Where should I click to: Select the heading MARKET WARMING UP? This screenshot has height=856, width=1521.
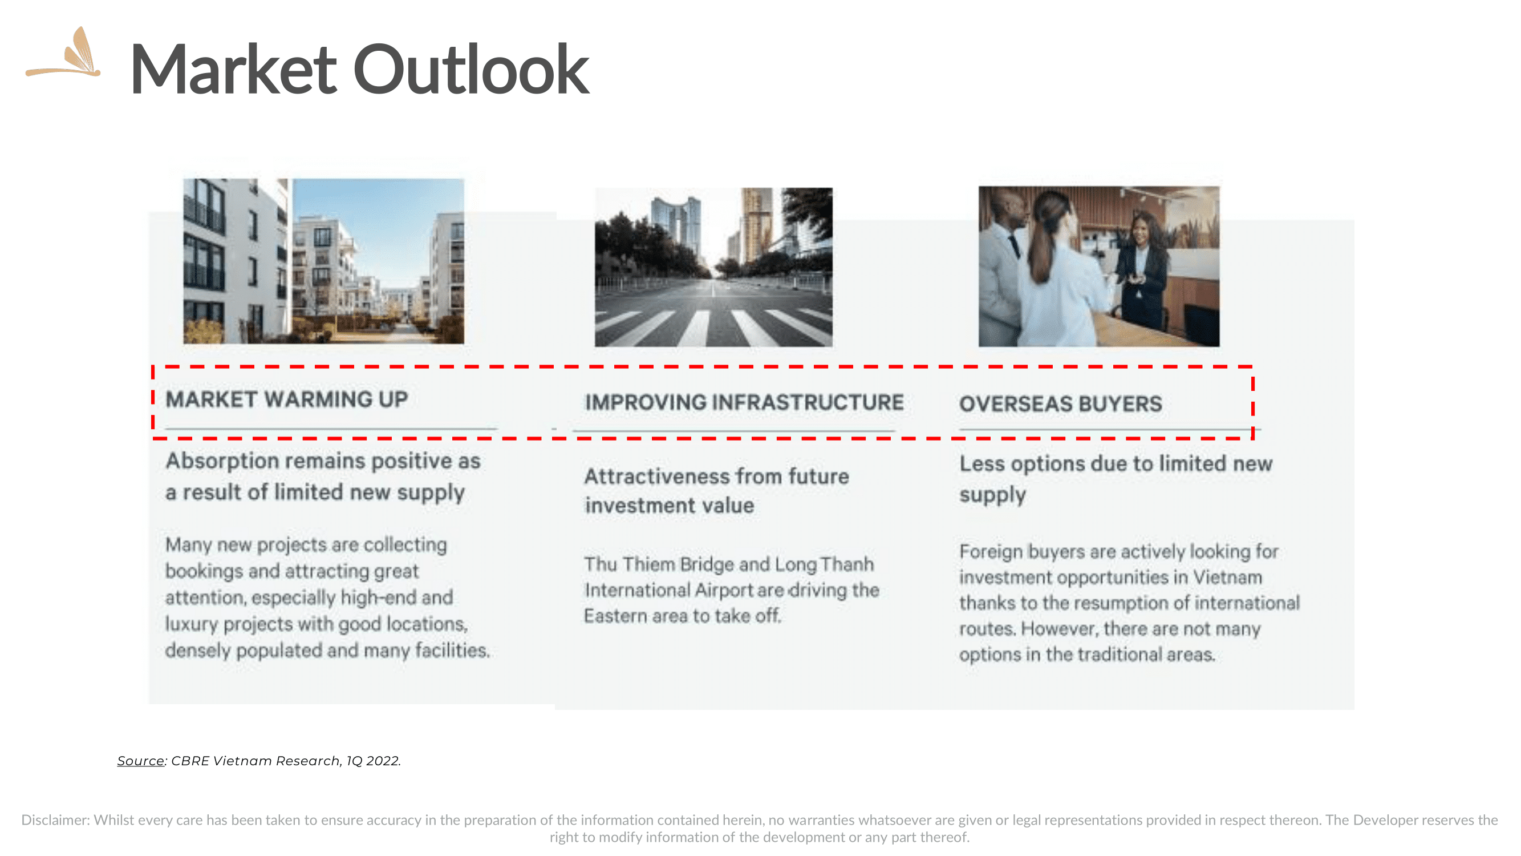pyautogui.click(x=287, y=399)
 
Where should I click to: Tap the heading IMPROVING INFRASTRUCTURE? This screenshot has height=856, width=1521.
pyautogui.click(x=744, y=402)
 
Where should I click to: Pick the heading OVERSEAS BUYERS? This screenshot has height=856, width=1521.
pyautogui.click(x=1060, y=404)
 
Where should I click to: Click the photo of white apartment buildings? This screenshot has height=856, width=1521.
pyautogui.click(x=323, y=261)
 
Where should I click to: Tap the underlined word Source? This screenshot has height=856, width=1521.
pyautogui.click(x=140, y=761)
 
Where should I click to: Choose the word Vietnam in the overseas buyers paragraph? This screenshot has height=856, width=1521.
pyautogui.click(x=1227, y=577)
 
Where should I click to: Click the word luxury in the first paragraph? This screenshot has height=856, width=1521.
pyautogui.click(x=192, y=624)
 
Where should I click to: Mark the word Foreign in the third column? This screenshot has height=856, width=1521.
pyautogui.click(x=991, y=552)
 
